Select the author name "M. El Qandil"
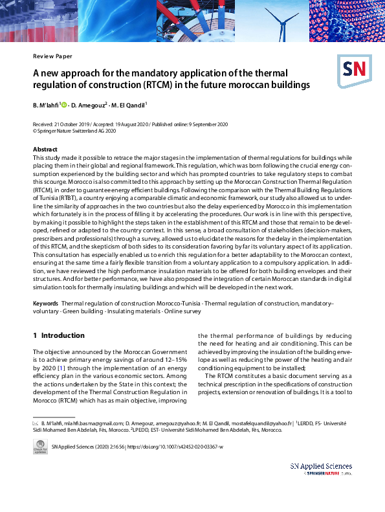point(128,104)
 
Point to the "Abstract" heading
point(45,150)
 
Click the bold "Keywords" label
point(45,304)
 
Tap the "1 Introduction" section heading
point(58,335)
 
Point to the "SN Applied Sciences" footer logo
point(321,469)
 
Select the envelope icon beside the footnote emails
point(36,422)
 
